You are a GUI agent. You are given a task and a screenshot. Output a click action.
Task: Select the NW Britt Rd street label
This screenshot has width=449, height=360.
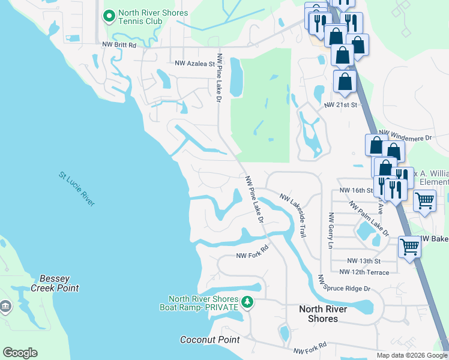pos(119,45)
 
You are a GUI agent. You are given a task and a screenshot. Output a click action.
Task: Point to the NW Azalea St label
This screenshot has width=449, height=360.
pos(194,63)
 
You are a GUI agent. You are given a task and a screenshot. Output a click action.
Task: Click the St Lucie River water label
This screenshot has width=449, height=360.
pos(77,189)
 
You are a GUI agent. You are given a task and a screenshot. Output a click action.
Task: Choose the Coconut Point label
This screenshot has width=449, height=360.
pos(210,340)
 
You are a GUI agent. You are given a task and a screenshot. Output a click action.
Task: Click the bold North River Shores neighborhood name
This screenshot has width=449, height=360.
pos(324,314)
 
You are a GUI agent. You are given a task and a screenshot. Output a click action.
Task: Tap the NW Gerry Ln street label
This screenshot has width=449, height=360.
pos(330,230)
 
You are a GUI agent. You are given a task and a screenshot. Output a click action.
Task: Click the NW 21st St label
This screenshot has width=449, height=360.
pos(340,105)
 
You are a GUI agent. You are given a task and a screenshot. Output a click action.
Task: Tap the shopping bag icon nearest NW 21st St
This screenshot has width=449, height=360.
pos(345,81)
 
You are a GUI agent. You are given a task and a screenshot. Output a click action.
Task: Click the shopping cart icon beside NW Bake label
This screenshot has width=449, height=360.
pos(409,246)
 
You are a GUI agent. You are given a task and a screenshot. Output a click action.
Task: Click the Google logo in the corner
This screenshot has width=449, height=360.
pos(20,353)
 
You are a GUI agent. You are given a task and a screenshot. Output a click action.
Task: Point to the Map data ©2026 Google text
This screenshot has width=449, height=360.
pos(412,355)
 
